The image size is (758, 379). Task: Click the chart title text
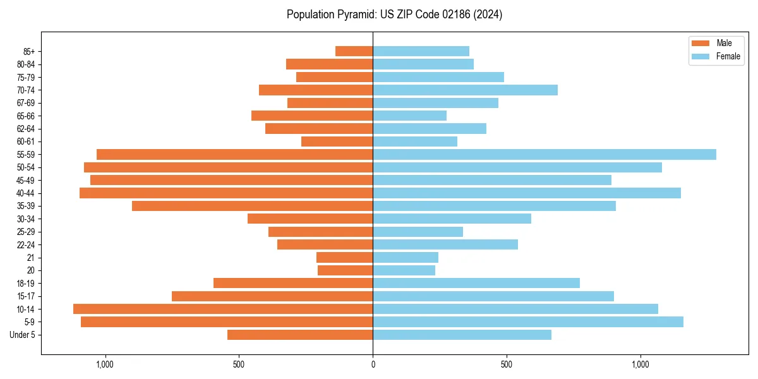(394, 15)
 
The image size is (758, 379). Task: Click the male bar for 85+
(354, 51)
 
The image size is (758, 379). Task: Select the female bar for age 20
(404, 270)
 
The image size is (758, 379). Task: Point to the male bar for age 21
(344, 257)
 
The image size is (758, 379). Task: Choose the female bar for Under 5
(462, 335)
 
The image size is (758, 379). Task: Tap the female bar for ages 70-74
(465, 90)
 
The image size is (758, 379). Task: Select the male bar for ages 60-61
(337, 141)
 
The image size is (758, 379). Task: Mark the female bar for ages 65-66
(409, 116)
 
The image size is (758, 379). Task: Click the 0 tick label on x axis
(373, 364)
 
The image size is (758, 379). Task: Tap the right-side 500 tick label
(507, 364)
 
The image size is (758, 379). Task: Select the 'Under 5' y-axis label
(23, 335)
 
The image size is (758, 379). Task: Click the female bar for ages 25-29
(418, 232)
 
